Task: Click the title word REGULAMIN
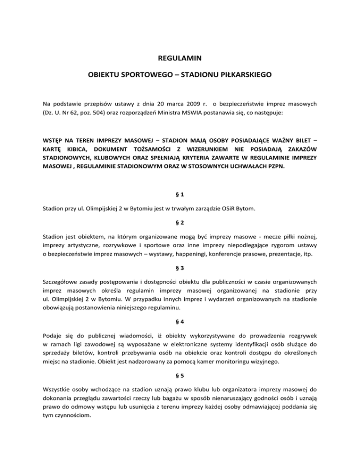tap(180, 60)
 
